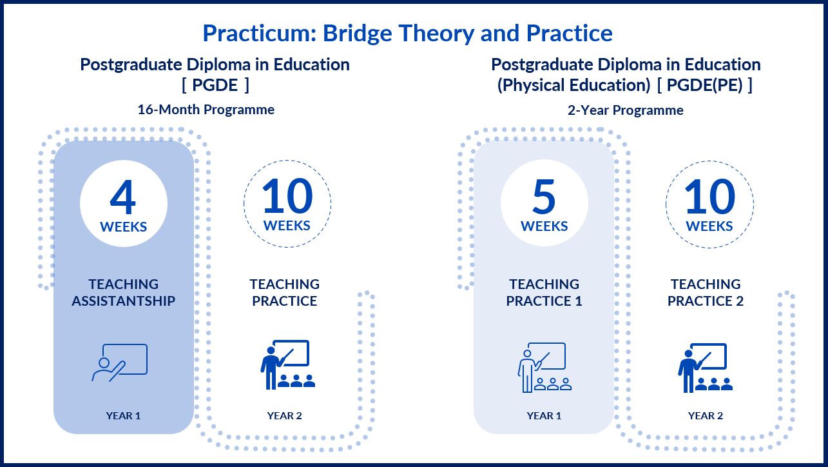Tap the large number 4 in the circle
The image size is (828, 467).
123,197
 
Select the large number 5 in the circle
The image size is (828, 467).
544,197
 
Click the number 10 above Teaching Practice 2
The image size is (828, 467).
709,196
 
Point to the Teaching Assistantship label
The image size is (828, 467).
124,292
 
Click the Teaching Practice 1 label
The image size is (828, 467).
544,292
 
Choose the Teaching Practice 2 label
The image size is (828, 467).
706,292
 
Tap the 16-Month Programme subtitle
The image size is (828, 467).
206,110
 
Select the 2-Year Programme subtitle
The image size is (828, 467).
626,110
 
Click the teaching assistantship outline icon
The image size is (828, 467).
120,363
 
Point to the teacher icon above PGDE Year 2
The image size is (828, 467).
288,365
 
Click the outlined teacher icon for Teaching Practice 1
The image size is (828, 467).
544,367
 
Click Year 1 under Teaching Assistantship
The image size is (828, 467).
124,415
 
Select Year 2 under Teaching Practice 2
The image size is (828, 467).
706,415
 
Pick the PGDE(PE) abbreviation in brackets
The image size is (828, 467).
704,85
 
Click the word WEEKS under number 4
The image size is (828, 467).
124,226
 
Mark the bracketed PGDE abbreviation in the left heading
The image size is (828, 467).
215,85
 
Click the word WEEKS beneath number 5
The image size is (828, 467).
544,226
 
